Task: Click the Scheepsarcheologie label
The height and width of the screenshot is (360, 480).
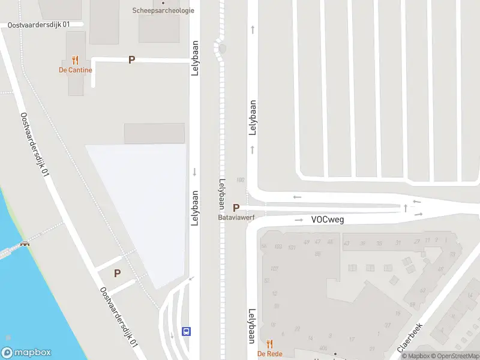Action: coord(163,10)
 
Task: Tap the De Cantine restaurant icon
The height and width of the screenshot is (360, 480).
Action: coord(75,60)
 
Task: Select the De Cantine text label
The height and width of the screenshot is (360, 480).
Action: coord(75,70)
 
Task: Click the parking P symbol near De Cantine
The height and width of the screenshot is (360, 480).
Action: coord(131,60)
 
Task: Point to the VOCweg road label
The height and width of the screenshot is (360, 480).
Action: coord(327,220)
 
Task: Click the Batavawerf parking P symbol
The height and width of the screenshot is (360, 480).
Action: coord(236,207)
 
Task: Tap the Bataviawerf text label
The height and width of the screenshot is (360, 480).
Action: coord(236,218)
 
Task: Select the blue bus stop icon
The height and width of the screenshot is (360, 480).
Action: coord(187,331)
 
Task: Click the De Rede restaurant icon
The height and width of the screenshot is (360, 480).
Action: coord(270,344)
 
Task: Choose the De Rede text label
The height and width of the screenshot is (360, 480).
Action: coord(270,354)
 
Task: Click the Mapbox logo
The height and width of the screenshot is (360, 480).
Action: coord(26,353)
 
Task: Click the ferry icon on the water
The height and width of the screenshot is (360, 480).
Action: coord(25,244)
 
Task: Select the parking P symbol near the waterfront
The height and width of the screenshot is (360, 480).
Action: coord(117,273)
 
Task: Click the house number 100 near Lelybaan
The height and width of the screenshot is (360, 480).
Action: coord(241,179)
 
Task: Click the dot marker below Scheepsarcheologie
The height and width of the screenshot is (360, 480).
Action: coord(163,2)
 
